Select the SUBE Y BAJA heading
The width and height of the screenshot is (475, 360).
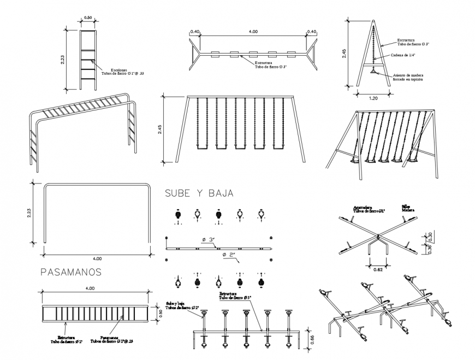[x=199, y=193]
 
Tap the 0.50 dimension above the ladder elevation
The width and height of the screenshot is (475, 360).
[x=87, y=18]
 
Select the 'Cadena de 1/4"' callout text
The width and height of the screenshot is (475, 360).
[x=403, y=55]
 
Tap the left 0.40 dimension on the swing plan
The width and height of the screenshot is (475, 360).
[x=194, y=32]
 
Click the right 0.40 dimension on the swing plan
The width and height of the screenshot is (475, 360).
[x=311, y=32]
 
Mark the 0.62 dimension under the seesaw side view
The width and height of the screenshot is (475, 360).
[x=378, y=269]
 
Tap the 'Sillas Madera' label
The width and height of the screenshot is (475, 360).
[x=408, y=209]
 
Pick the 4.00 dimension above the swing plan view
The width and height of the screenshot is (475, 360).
[x=253, y=32]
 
